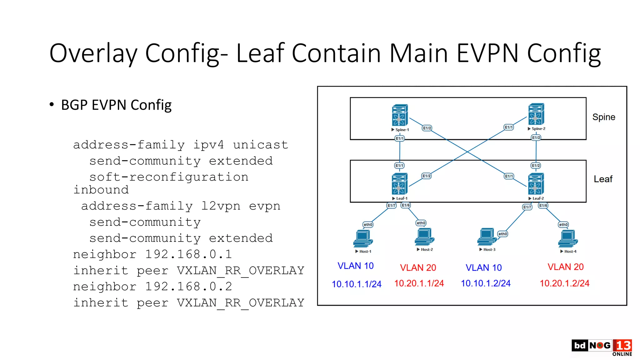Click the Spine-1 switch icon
coord(400,115)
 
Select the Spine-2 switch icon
coord(536,114)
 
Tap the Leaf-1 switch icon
coord(399,183)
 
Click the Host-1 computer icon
coord(363,238)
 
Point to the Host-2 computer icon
coord(424,237)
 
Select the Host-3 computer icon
coord(487,237)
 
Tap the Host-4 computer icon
coord(568,238)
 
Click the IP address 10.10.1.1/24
coord(357,284)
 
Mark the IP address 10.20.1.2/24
coord(564,283)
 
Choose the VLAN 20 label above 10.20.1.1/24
coord(418,267)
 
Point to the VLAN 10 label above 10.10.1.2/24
coord(483,267)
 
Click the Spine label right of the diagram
coord(603,117)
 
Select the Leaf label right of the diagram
coord(603,179)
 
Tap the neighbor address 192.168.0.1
coord(188,254)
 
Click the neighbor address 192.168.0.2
coord(188,287)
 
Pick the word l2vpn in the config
coord(221,206)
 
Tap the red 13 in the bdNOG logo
coord(623,345)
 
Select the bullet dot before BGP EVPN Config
coord(52,104)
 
